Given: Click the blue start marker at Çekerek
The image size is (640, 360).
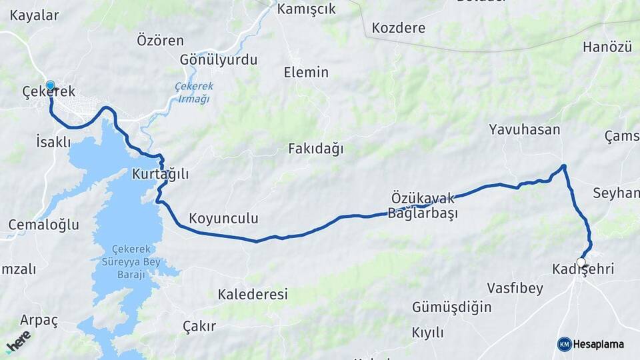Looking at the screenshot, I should pyautogui.click(x=50, y=86).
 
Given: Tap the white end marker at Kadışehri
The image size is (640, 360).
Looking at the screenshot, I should pyautogui.click(x=582, y=262).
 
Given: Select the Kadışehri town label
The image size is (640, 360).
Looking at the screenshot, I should pyautogui.click(x=583, y=269).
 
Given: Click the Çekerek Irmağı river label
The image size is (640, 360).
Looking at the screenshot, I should pyautogui.click(x=192, y=92).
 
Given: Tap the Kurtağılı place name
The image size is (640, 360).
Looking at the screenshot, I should pyautogui.click(x=161, y=175).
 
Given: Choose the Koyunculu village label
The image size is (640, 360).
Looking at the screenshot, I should pyautogui.click(x=223, y=219).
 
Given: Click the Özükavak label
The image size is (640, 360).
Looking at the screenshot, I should pyautogui.click(x=423, y=198).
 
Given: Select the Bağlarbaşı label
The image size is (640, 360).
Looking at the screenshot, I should pyautogui.click(x=423, y=214).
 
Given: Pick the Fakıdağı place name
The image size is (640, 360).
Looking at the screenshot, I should pyautogui.click(x=316, y=149).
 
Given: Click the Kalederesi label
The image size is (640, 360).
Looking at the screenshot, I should pyautogui.click(x=253, y=294).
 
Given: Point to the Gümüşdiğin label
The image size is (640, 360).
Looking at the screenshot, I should pyautogui.click(x=452, y=307).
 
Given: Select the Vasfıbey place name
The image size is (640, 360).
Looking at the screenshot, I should pyautogui.click(x=515, y=289).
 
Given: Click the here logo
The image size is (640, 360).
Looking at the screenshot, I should pyautogui.click(x=19, y=341).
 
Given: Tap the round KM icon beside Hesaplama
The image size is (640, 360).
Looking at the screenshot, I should pyautogui.click(x=565, y=344).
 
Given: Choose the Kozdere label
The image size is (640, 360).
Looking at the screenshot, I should pyautogui.click(x=399, y=28).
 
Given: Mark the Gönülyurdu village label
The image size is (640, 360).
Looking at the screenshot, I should pyautogui.click(x=219, y=60).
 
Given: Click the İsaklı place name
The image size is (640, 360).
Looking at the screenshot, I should pyautogui.click(x=53, y=141).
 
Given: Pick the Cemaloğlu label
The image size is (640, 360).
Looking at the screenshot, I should pyautogui.click(x=44, y=224).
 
